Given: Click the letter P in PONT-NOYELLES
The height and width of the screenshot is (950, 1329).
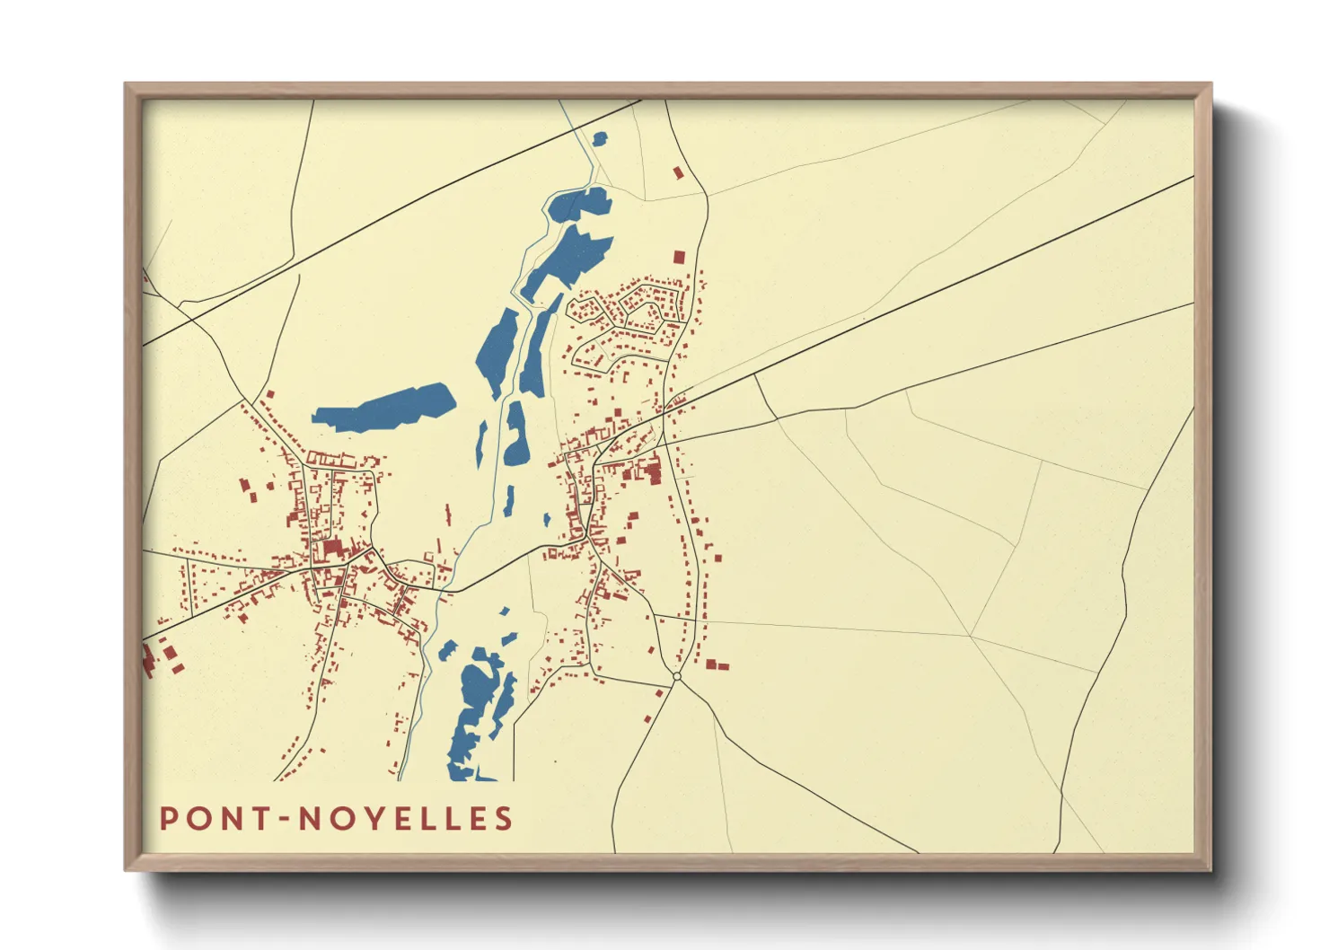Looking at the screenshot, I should (168, 819).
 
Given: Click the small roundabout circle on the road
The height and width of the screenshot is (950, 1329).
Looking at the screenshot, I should (677, 676).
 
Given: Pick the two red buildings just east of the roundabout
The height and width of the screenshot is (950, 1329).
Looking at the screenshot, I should (717, 665).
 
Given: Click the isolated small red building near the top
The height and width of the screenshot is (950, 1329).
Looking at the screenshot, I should (679, 172).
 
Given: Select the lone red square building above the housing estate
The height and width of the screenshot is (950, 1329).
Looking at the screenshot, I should (679, 257).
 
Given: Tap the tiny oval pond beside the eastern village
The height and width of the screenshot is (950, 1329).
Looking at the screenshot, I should (546, 519).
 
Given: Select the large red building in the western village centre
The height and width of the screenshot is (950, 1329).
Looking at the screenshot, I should (332, 549).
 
